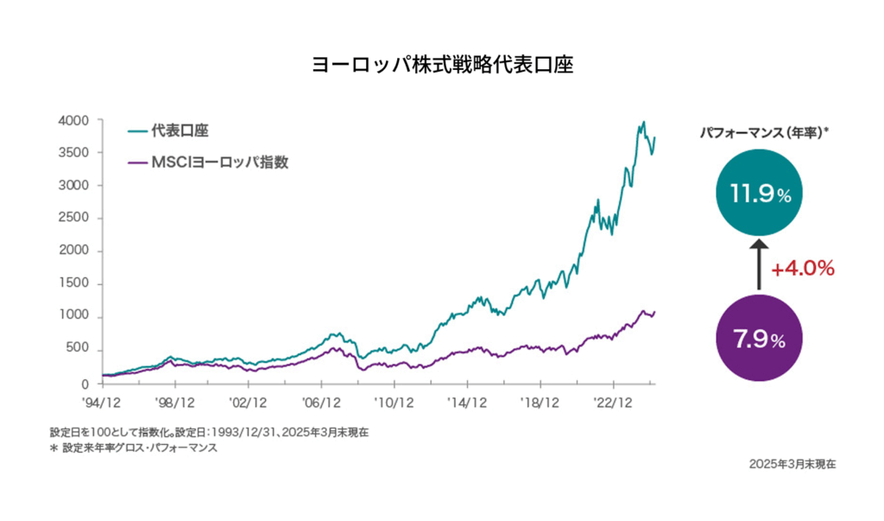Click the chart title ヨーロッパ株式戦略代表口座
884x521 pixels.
tap(441, 66)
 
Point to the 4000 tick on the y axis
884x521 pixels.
tap(75, 120)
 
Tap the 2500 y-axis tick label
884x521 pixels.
tap(75, 219)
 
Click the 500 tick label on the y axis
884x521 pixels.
tap(79, 349)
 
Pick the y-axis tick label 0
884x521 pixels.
tap(86, 383)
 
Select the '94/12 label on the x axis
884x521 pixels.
tap(102, 402)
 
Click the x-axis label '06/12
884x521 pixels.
tap(321, 402)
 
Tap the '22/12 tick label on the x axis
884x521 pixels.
tap(614, 402)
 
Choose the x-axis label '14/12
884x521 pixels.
tap(467, 402)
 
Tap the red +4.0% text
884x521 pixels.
tap(803, 269)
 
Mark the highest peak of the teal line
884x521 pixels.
tap(643, 123)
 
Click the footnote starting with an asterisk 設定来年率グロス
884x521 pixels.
tap(134, 448)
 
